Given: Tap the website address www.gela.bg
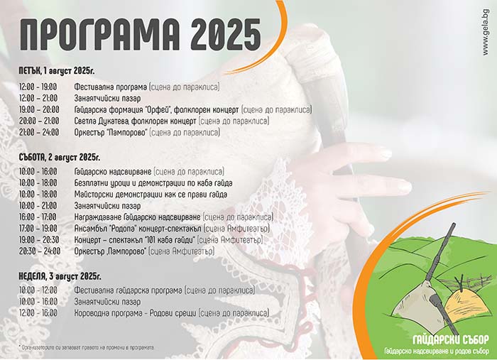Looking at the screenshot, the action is point(486,33).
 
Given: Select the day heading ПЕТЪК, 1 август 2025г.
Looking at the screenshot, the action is point(57,70).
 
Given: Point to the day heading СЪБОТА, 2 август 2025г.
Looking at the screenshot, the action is point(59,157).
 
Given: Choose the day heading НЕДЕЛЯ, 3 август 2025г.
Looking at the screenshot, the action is point(60,276).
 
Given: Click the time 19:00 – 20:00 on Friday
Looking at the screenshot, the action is point(39,109).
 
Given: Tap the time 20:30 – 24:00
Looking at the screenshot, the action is point(40,251).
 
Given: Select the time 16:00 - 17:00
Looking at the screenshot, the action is point(38,217).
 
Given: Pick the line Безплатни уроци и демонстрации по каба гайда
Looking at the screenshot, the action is point(153,183).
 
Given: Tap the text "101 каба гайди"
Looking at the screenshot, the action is point(170,240).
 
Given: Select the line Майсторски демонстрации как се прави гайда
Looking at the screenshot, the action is point(151,195).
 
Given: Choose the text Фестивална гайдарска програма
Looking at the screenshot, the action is point(129,290).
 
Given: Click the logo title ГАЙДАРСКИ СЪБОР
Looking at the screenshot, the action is point(451,340).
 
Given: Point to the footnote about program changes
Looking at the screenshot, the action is point(87,347).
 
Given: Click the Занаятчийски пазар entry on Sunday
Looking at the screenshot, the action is point(107,302).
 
